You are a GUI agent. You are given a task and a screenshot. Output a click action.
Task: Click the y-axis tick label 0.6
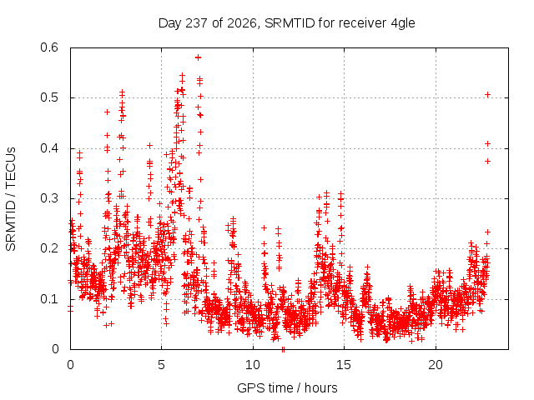coord(49,47)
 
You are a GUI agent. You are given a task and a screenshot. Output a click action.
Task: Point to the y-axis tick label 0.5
coord(49,97)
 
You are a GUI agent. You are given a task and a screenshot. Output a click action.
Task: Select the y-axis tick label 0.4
coord(49,148)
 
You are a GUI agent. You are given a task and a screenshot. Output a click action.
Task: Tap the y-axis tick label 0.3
coord(49,198)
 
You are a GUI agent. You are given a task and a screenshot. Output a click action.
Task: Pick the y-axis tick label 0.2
coord(49,248)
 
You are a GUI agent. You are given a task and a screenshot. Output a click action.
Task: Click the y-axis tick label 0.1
coord(49,299)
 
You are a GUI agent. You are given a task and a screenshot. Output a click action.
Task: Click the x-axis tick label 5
coord(161,365)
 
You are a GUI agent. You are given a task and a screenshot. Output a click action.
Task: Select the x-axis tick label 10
coord(253,365)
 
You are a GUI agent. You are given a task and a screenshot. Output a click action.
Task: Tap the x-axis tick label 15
coord(344,365)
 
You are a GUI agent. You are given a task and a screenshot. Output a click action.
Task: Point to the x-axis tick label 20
coord(436,365)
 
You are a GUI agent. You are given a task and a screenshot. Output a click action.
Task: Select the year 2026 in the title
coord(241,23)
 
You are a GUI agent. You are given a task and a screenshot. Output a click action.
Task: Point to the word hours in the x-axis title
coord(320,387)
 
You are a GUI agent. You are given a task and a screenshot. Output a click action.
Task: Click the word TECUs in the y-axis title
coord(11,167)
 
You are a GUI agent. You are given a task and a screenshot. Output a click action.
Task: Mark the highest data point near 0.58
coord(198,57)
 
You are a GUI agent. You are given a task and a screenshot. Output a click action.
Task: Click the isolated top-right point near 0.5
coord(487,94)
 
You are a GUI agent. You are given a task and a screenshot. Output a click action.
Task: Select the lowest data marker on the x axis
coord(283,349)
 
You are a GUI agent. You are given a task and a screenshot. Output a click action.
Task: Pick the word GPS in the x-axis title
coord(249,387)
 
